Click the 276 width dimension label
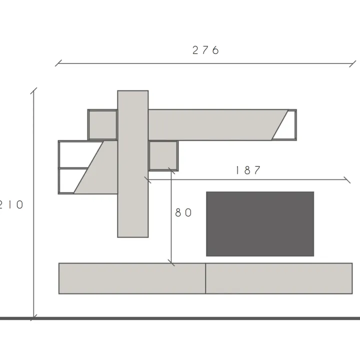click(205, 50)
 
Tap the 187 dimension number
click(248, 170)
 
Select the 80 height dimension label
click(183, 212)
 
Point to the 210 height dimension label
click(11, 204)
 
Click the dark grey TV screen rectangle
click(260, 224)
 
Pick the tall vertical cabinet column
click(133, 164)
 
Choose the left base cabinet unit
click(132, 278)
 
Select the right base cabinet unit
click(279, 278)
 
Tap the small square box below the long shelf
click(163, 155)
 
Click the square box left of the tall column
click(102, 125)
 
